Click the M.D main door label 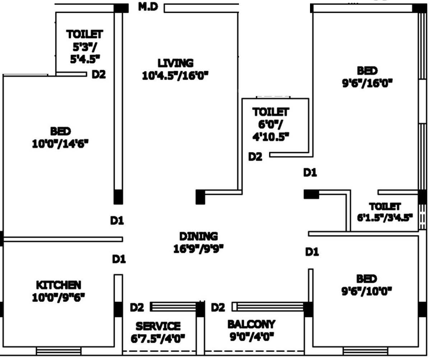pos(149,7)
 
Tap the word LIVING pos(175,63)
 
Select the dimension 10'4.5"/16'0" pos(175,76)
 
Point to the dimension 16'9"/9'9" pos(198,248)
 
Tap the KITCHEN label pos(58,285)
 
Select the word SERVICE pos(158,326)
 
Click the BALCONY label pos(251,324)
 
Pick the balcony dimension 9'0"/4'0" pos(251,336)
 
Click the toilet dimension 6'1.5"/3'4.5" pos(385,217)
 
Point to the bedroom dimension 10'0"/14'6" pos(60,143)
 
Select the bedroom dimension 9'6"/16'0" pos(367,83)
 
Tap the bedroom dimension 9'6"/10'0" pos(366,291)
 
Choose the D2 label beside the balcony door pos(218,307)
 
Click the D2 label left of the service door pos(137,307)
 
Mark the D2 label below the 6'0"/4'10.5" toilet pos(255,157)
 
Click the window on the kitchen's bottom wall pos(51,350)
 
